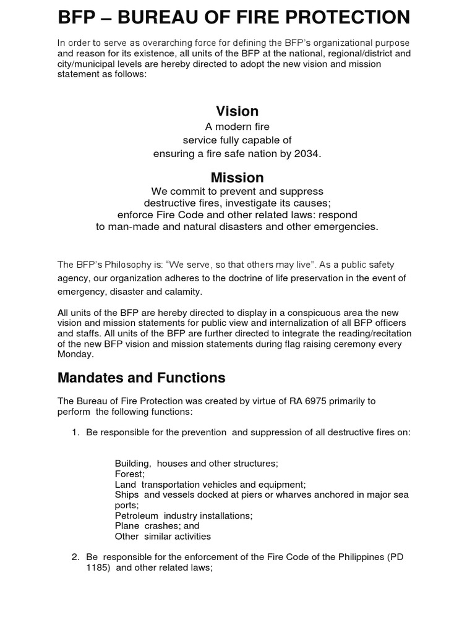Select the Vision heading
(237, 111)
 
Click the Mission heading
(237, 178)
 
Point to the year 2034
(308, 154)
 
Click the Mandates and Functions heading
(142, 377)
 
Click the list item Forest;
(129, 474)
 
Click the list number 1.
(76, 433)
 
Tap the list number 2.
(76, 558)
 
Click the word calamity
(182, 291)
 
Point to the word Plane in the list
(127, 525)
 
